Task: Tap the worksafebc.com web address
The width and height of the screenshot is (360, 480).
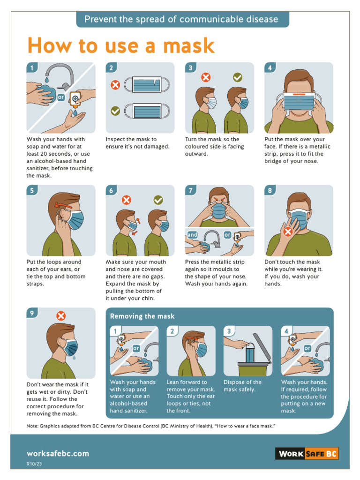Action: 58,453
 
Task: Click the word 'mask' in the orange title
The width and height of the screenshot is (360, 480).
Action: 187,45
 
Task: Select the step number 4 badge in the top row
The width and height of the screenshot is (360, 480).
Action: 270,68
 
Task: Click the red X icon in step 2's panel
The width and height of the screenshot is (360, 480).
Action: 115,85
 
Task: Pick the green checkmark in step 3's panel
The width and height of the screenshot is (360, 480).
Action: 238,77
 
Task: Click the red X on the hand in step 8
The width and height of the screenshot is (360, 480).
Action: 288,232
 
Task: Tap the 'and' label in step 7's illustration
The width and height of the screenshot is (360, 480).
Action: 192,234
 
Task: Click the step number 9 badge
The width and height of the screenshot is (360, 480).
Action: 32,314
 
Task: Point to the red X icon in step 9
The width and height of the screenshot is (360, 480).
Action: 60,315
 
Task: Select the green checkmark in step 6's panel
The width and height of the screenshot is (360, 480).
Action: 158,200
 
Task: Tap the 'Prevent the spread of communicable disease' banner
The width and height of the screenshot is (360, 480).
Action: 182,19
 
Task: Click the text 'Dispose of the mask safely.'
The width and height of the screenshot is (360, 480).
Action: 242,386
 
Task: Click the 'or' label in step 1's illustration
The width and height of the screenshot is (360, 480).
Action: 61,98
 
